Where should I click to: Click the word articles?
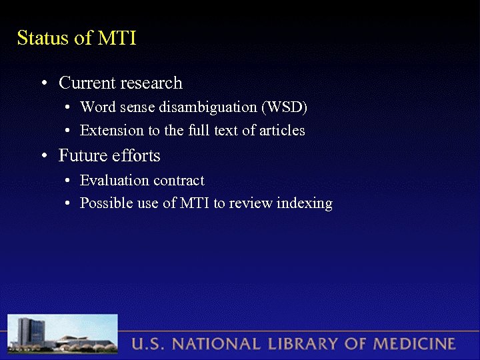pyautogui.click(x=281, y=131)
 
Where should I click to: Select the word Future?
pyautogui.click(x=81, y=156)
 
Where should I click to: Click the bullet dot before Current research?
pyautogui.click(x=43, y=84)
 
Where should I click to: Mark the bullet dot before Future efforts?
pyautogui.click(x=43, y=157)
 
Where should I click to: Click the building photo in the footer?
pyautogui.click(x=63, y=335)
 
